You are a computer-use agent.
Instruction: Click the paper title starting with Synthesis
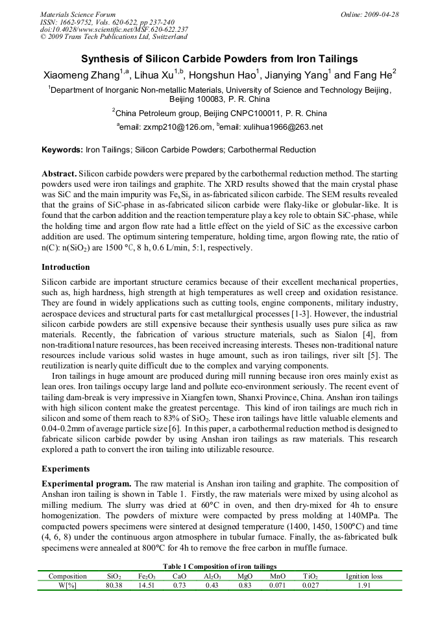219,58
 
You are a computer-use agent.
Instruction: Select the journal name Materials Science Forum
78,14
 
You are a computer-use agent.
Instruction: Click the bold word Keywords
62,150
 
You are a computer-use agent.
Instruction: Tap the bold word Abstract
59,175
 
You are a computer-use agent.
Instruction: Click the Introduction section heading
66,267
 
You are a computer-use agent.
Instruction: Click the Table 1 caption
219,567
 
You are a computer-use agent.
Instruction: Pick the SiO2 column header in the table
114,576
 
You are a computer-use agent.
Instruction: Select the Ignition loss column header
364,576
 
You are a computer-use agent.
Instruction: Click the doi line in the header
114,29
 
